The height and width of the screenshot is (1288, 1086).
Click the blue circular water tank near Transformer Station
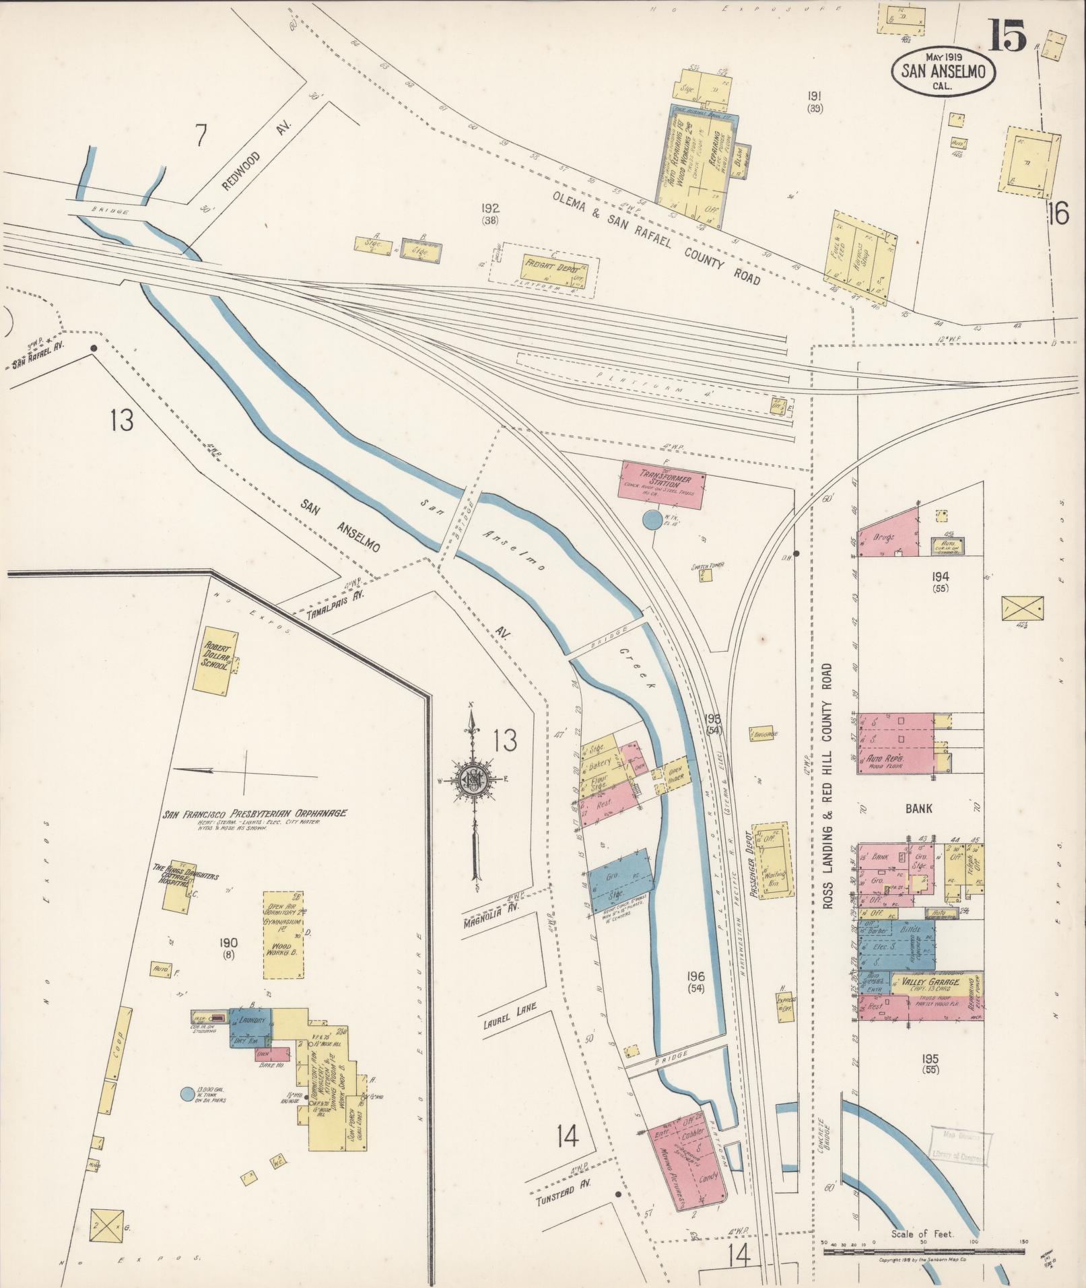coord(652,520)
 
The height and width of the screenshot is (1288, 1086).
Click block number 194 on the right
coord(941,576)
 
